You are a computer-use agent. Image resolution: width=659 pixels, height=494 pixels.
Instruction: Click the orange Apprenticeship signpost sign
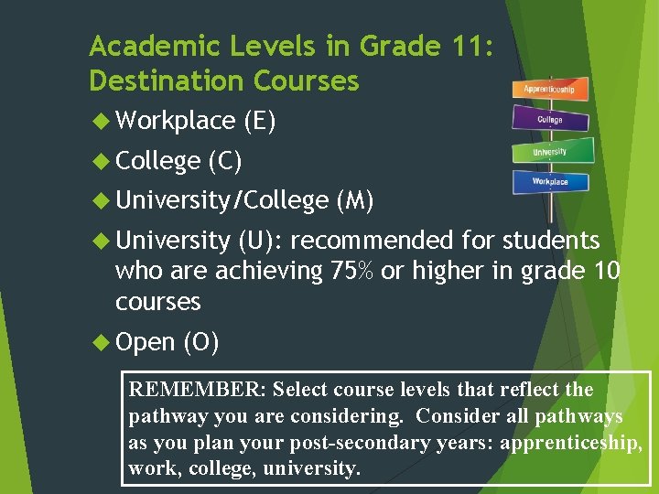(549, 89)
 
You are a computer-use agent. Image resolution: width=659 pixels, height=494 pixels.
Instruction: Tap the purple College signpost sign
(550, 119)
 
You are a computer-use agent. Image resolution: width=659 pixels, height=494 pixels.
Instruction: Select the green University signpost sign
(550, 151)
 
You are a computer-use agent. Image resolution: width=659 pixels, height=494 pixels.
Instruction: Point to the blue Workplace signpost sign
(550, 182)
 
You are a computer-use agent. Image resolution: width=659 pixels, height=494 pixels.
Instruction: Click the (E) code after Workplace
(260, 121)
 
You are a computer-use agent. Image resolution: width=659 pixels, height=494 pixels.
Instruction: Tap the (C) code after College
(225, 161)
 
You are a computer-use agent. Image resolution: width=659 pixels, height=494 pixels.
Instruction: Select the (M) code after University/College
(355, 200)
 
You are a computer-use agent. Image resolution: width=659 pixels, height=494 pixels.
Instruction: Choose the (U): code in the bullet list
(260, 241)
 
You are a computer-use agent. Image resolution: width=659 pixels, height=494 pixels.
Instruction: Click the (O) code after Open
(200, 342)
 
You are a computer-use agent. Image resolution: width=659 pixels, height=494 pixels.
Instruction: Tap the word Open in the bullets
(145, 342)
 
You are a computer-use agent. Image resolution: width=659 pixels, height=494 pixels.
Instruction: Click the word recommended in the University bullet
(372, 241)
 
